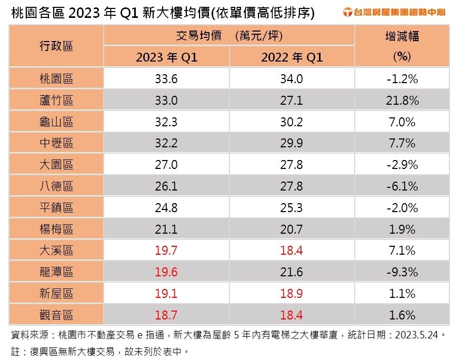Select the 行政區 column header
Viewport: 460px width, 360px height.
(56, 46)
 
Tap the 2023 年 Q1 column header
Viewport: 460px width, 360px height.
(166, 57)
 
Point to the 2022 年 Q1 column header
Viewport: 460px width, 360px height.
(292, 57)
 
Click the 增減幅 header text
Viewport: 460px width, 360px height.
(402, 37)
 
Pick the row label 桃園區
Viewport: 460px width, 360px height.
(56, 79)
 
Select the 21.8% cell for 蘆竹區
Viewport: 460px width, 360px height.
(402, 101)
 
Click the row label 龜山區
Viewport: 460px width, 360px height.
(56, 122)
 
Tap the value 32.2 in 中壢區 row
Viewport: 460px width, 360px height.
(166, 144)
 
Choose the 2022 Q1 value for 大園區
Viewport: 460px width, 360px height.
(292, 165)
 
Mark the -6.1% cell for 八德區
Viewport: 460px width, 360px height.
(402, 186)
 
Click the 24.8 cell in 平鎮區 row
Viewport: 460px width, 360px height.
(166, 208)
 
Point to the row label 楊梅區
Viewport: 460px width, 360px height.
(56, 229)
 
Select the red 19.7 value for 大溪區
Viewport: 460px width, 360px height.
(166, 251)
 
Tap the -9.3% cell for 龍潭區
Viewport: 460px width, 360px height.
(402, 272)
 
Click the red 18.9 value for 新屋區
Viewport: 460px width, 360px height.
(292, 294)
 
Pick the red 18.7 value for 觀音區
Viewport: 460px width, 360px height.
(166, 315)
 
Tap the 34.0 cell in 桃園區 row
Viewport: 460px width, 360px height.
(292, 79)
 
